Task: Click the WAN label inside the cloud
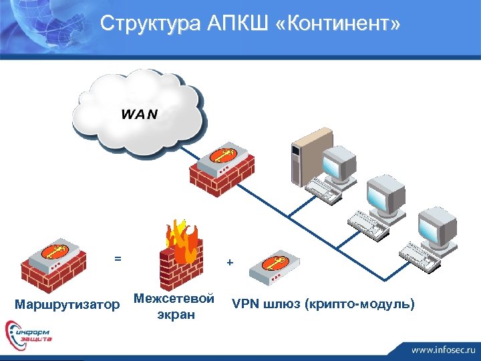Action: coord(140,113)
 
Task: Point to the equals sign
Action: coord(118,258)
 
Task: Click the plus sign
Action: coord(230,263)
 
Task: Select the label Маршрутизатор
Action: coord(67,306)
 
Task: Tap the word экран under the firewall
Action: coord(176,314)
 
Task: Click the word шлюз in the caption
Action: coord(281,305)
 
